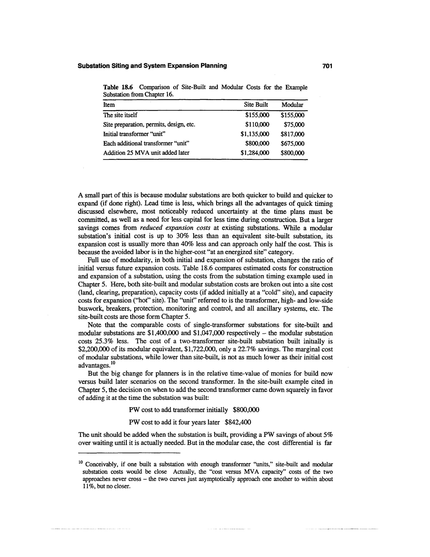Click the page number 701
click(327, 66)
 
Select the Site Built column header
click(256, 105)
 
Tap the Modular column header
click(292, 105)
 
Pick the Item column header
click(109, 105)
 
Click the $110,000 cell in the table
click(257, 125)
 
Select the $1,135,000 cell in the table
click(255, 134)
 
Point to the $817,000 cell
click(292, 134)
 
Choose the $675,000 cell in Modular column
click(292, 144)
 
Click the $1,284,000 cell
click(255, 153)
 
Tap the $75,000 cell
click(294, 125)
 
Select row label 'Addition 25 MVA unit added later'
click(146, 153)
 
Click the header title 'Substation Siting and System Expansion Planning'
click(152, 66)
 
